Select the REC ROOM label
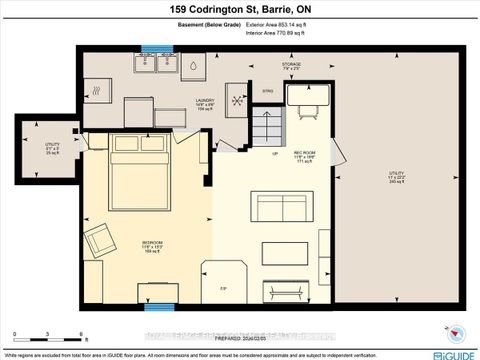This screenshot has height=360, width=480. point(306,157)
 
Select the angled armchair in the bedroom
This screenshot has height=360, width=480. point(100,241)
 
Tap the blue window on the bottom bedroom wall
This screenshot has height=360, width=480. point(154,292)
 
